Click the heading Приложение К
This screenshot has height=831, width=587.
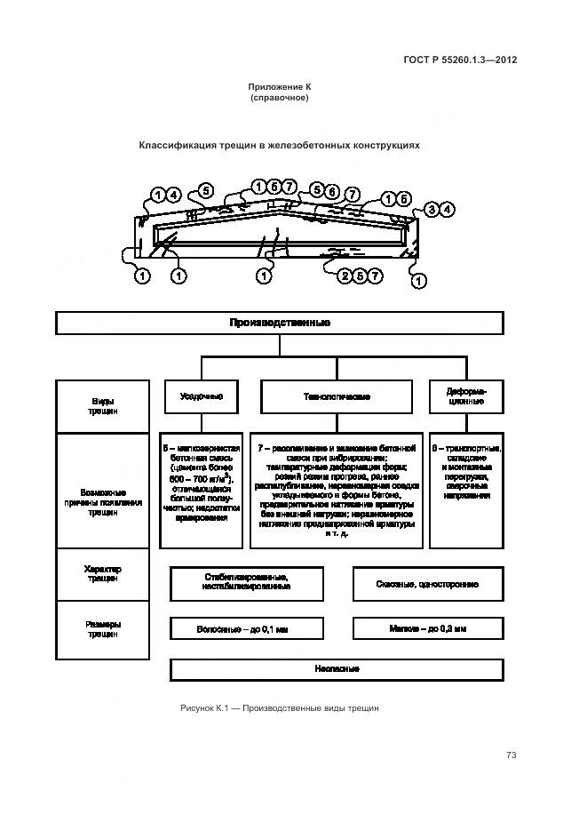(280, 87)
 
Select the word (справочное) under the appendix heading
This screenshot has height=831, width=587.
(280, 98)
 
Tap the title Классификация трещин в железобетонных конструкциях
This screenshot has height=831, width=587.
(279, 144)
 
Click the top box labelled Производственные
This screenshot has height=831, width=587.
(280, 323)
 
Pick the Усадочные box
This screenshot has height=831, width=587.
(201, 396)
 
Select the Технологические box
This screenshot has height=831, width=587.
(337, 396)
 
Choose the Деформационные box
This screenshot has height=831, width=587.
(465, 396)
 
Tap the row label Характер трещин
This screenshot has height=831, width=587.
(102, 574)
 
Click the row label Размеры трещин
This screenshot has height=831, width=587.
(102, 629)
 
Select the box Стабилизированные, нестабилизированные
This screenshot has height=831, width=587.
(246, 583)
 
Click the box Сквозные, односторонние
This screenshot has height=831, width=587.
(428, 584)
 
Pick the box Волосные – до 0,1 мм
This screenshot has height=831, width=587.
(246, 628)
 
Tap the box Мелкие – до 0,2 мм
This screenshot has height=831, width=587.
(428, 628)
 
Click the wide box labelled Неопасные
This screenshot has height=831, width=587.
(337, 668)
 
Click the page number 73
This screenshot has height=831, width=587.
(511, 755)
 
